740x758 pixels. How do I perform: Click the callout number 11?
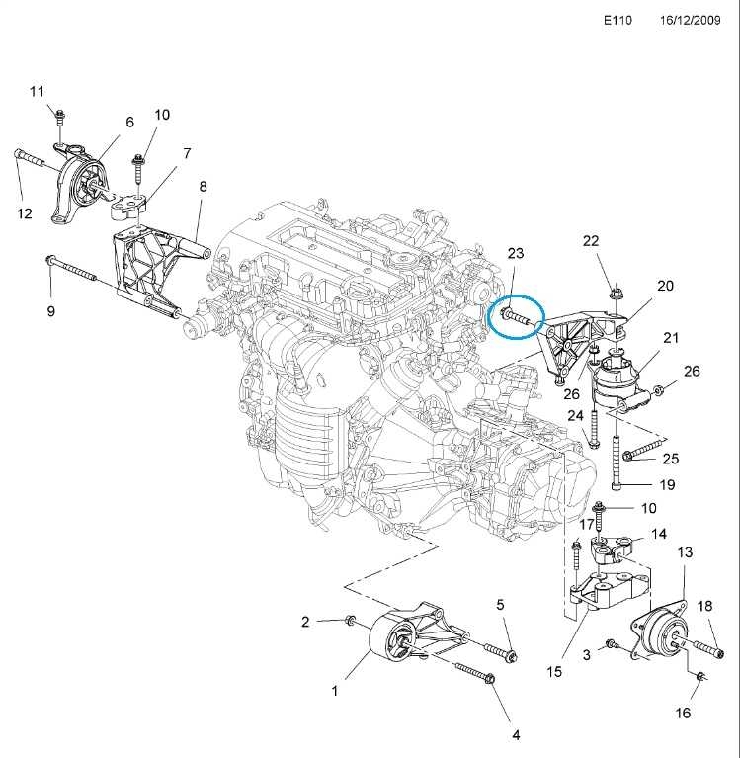coord(37,92)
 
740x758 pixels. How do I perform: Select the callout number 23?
coord(516,253)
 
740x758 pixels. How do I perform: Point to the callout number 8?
coord(203,186)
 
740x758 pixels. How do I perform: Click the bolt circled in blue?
coord(517,317)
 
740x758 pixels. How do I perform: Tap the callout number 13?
coord(685,552)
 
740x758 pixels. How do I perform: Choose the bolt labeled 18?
coord(696,646)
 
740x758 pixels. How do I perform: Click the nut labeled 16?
coord(699,676)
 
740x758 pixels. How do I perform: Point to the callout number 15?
coord(554,671)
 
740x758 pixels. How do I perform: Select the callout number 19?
coord(667,485)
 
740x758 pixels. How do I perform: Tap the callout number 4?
coord(515,733)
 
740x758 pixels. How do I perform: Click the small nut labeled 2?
coord(350,621)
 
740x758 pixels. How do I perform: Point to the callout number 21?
coord(671,338)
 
